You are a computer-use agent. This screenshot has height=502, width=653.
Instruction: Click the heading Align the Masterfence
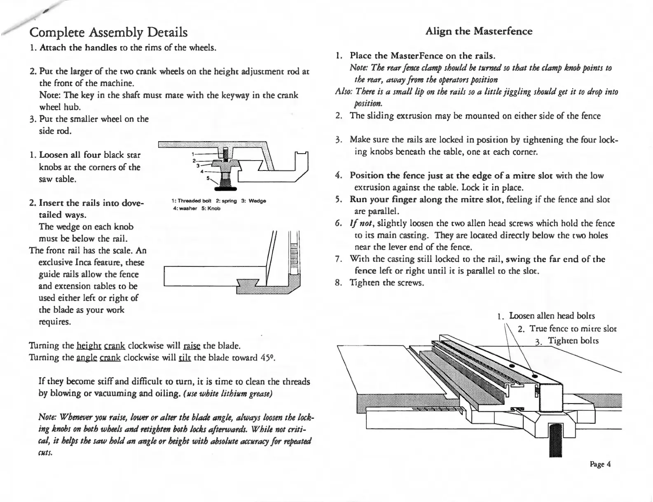click(478, 31)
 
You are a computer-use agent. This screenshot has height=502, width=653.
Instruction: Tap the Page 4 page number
click(600, 464)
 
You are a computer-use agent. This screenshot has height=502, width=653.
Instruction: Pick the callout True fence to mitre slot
click(573, 329)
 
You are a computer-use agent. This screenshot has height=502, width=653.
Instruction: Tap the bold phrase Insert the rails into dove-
click(91, 203)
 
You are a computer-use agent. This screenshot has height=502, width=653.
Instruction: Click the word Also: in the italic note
click(342, 91)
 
